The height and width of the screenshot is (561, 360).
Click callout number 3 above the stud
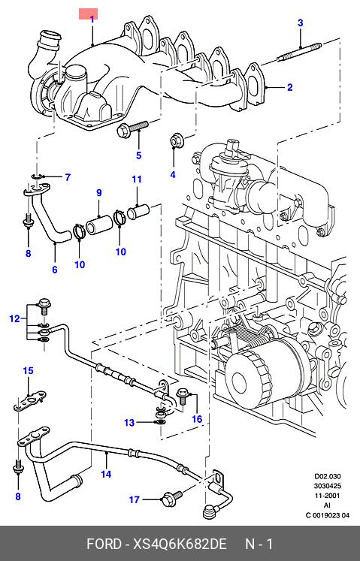tap(300, 23)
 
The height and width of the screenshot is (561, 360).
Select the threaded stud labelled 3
tap(300, 52)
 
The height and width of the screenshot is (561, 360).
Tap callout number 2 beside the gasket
tap(290, 87)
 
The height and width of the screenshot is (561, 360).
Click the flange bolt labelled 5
tap(132, 128)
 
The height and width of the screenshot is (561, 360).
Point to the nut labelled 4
tap(175, 140)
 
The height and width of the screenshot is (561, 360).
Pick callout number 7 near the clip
tap(68, 177)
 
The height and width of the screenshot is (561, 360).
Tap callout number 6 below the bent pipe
tap(54, 270)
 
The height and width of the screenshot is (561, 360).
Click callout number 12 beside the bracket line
tap(15, 318)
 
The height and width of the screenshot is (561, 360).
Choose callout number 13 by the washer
tap(129, 423)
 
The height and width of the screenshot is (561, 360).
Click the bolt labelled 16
tap(183, 396)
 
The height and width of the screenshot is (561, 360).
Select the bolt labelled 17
tap(172, 499)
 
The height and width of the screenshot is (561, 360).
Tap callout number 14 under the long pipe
tap(106, 475)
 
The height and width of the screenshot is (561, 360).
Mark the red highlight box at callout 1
tap(88, 14)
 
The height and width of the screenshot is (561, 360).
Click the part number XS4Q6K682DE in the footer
tap(180, 544)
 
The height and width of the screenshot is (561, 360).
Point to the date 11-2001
tap(328, 496)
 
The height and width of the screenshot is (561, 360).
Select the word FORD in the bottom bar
tap(104, 544)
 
